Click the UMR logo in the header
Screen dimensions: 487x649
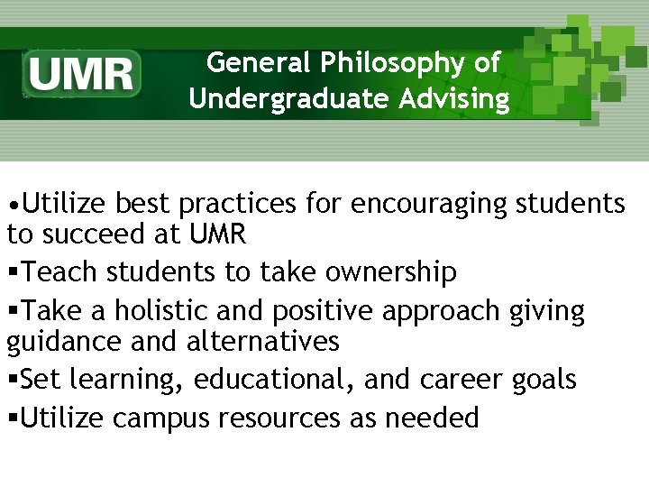tap(83, 73)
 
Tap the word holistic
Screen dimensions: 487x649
tap(161, 311)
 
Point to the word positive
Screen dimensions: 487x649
tap(317, 311)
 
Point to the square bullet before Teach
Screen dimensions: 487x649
tap(13, 272)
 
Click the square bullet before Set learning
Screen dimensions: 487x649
tap(13, 380)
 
